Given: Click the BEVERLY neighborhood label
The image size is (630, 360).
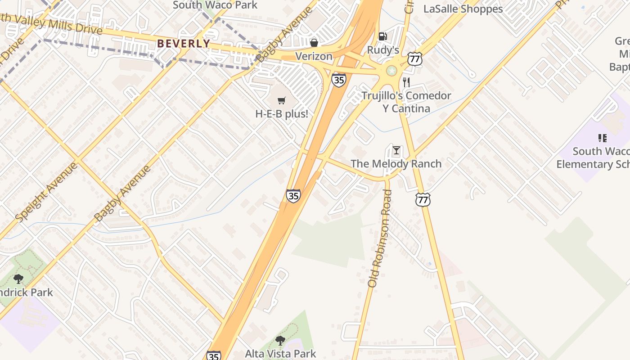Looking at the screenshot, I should (x=184, y=44).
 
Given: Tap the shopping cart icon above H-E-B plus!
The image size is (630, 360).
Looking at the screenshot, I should (x=282, y=100).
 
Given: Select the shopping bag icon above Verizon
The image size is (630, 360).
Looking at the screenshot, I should (x=314, y=43).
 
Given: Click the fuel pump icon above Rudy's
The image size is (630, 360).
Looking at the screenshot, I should (x=382, y=36).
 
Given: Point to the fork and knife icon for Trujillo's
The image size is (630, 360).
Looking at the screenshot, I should (x=406, y=82).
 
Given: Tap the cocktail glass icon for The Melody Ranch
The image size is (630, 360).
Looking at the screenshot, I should (x=396, y=150).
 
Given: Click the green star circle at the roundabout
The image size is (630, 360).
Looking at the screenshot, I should (x=392, y=70).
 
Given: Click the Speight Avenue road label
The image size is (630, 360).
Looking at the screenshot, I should (x=46, y=192).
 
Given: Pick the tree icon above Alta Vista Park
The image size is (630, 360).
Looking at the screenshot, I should (x=280, y=340).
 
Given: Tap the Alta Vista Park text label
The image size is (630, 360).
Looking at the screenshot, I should (x=280, y=354).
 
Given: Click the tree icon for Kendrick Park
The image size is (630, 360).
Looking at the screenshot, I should (x=18, y=279).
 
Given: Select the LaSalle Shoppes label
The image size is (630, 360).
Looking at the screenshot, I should (x=463, y=9).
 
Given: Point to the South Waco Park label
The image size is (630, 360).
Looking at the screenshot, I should (x=215, y=5).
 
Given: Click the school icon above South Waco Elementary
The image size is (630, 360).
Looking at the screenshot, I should (x=602, y=138).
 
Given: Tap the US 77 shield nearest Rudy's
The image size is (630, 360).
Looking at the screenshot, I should (x=415, y=59).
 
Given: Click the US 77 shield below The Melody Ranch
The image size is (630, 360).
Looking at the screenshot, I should (x=423, y=199).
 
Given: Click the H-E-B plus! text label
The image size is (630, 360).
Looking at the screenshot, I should (x=282, y=114).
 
